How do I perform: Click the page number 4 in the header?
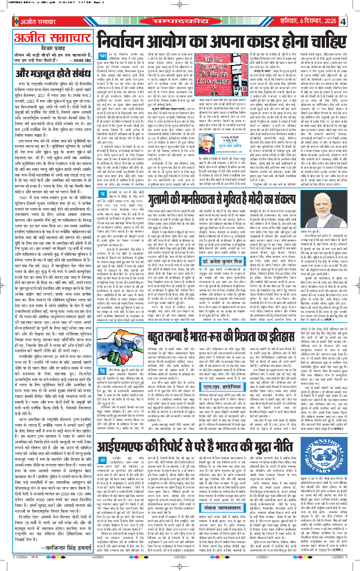(354, 21)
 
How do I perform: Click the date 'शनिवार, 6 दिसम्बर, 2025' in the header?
(314, 21)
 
